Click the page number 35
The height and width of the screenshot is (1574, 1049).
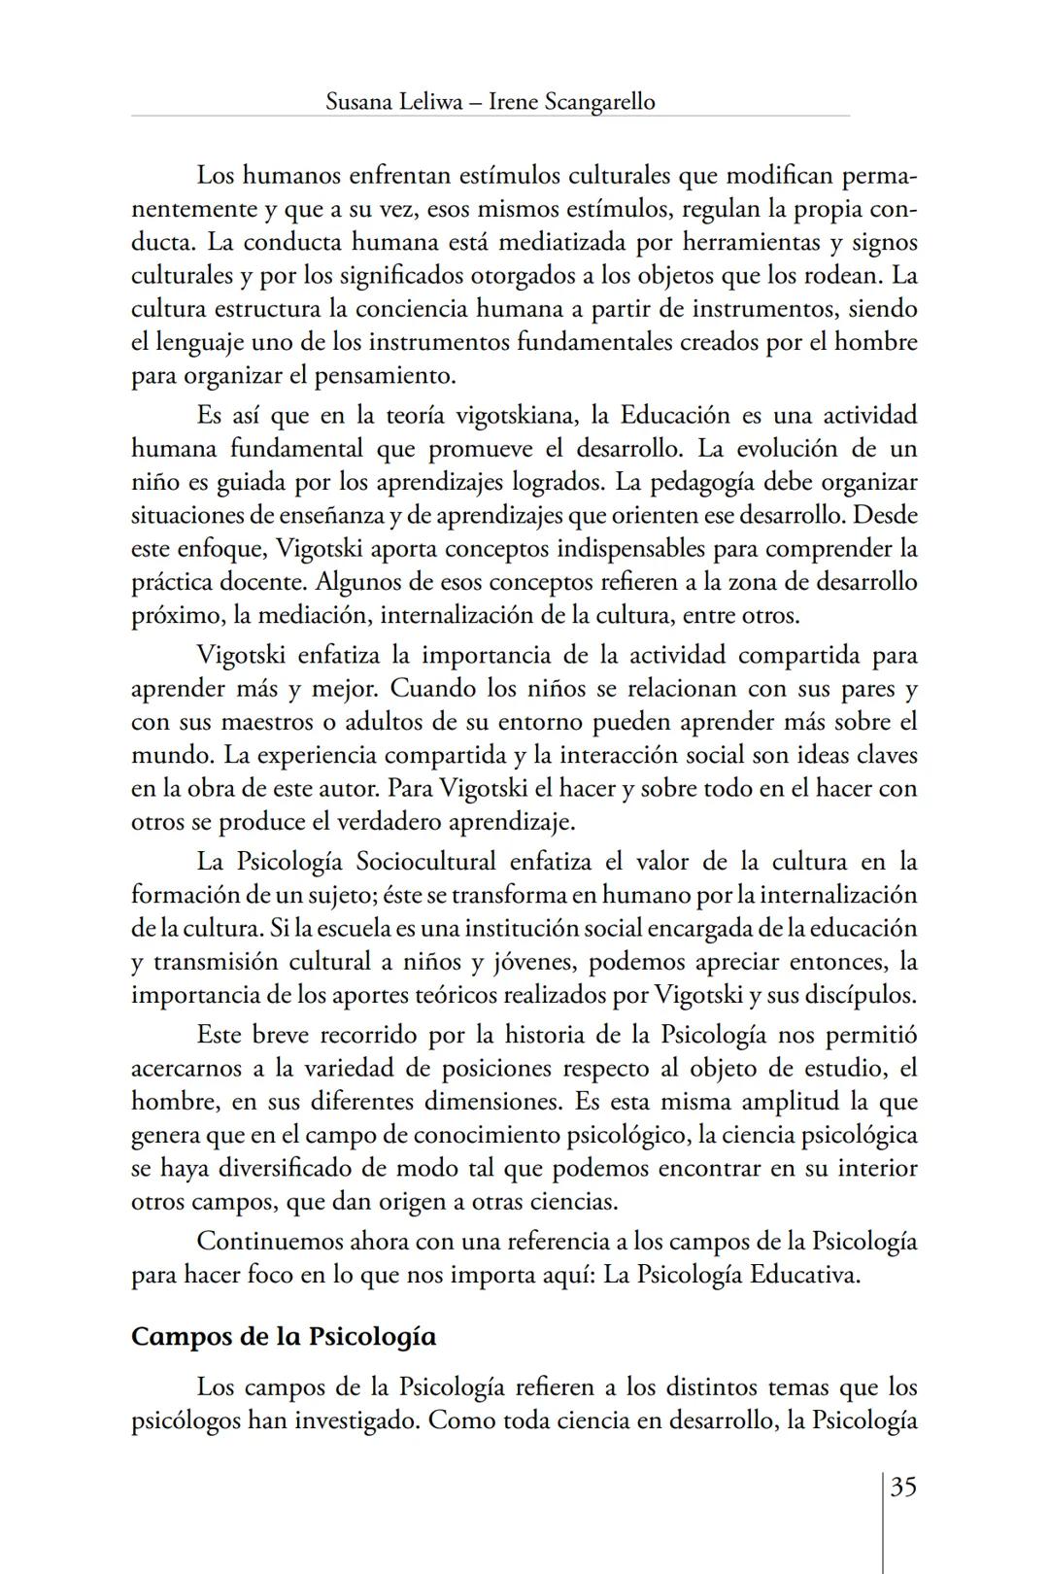(903, 1488)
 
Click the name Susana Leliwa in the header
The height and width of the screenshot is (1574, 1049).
(389, 101)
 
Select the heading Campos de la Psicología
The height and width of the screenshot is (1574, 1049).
(283, 1336)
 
